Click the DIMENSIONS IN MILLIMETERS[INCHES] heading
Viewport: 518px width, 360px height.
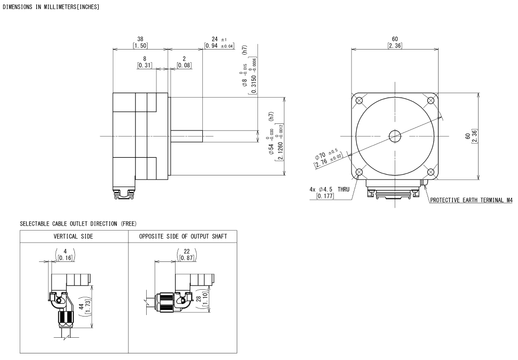tap(51, 7)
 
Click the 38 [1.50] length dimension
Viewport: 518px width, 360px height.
tap(140, 42)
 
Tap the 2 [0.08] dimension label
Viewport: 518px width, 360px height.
tap(184, 62)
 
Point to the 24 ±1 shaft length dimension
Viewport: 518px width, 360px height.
tap(219, 42)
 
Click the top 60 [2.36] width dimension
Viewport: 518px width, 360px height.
tap(395, 42)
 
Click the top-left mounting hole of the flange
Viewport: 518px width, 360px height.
tap(359, 100)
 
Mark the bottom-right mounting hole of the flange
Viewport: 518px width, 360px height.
tap(431, 172)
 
